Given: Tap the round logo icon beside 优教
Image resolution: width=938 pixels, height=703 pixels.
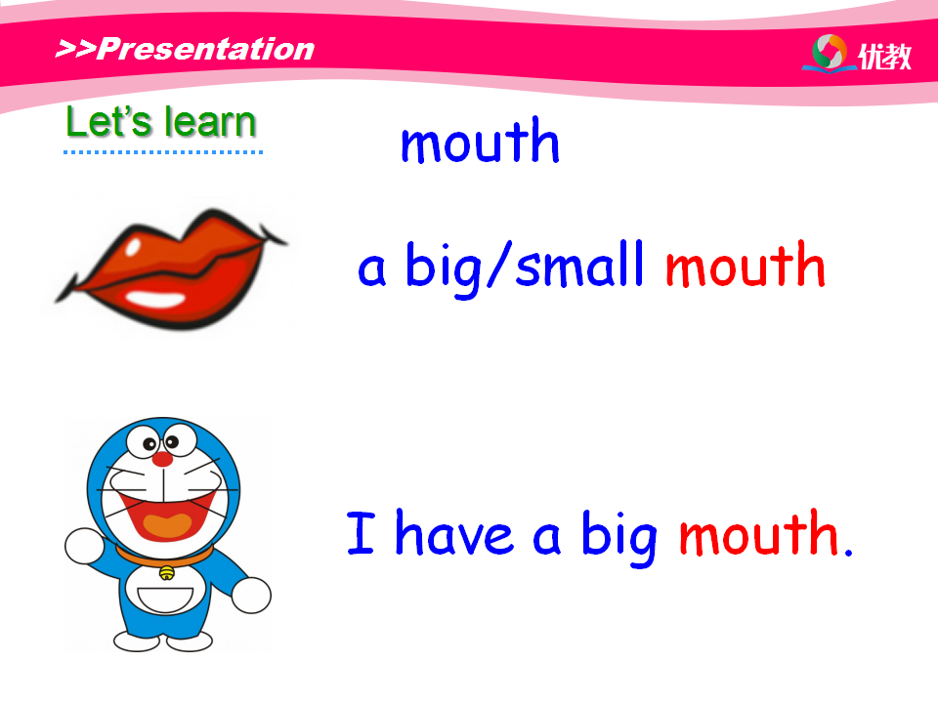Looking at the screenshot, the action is (830, 53).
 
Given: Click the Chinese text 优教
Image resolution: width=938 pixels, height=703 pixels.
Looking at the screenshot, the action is (885, 57).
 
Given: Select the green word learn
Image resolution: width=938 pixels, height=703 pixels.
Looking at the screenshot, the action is (211, 122).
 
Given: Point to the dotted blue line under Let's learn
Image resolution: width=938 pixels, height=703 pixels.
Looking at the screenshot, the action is (163, 152).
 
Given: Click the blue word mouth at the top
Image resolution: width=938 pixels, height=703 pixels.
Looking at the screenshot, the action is (480, 141).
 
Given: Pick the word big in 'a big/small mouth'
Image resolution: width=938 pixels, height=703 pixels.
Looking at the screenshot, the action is (444, 268).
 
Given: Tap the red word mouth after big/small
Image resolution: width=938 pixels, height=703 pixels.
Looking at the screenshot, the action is (746, 265).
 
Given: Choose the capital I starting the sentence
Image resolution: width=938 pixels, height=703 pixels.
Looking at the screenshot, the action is (361, 532).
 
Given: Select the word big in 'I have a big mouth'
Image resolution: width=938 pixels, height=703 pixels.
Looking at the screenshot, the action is (619, 537).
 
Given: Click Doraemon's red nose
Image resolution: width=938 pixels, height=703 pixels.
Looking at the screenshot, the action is (162, 459).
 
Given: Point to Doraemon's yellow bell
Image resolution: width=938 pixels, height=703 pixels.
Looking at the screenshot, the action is (167, 573).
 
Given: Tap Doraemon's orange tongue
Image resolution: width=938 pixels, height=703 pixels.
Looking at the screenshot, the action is (167, 525).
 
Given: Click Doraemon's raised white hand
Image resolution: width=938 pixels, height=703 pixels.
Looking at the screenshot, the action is (84, 546).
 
